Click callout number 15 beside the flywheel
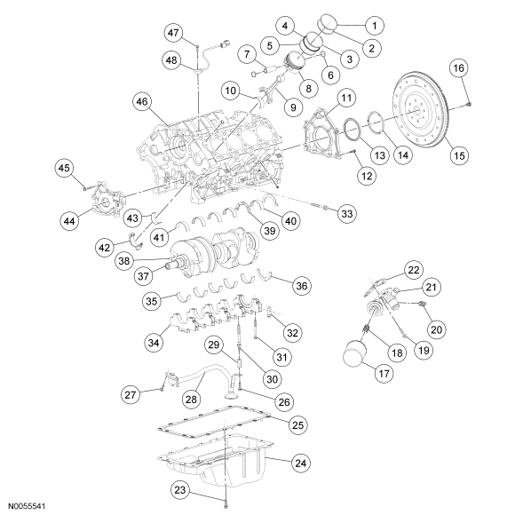[x=459, y=155]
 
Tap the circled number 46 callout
[x=142, y=101]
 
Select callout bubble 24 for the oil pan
[x=301, y=463]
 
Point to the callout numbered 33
[x=347, y=213]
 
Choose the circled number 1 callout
[x=375, y=25]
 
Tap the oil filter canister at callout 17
[x=354, y=353]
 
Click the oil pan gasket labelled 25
[x=214, y=423]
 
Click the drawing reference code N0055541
[x=27, y=506]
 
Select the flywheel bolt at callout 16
[x=469, y=104]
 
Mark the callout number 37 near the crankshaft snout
[x=144, y=276]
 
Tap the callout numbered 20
[x=437, y=329]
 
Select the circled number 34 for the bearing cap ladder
[x=154, y=343]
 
